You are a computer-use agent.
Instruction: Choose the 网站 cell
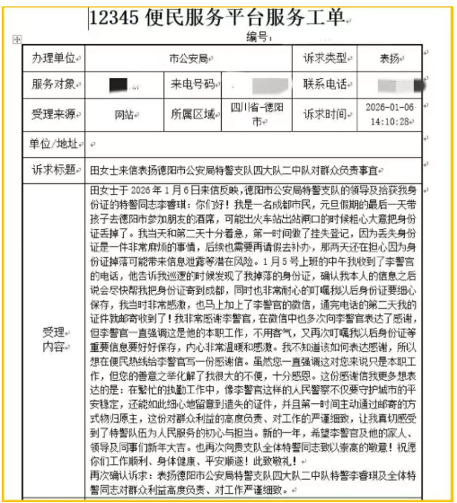[125, 114]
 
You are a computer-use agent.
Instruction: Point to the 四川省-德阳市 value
[259, 114]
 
